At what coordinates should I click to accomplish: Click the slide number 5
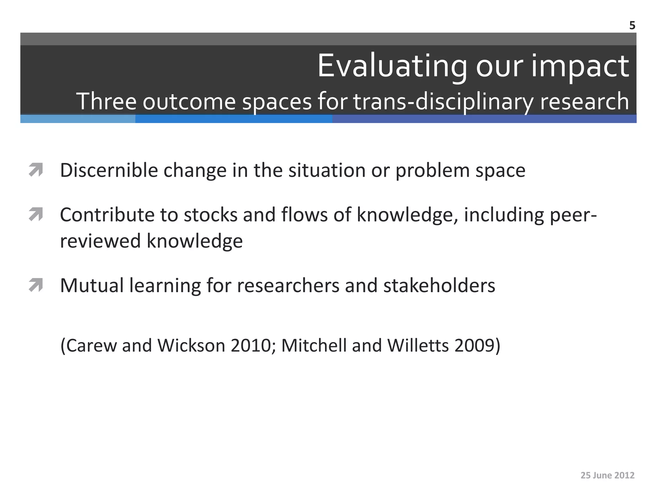[x=632, y=26]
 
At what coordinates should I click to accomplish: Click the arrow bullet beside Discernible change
[x=36, y=170]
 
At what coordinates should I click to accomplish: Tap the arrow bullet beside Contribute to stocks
[x=36, y=214]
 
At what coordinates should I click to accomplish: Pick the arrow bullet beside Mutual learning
[x=36, y=285]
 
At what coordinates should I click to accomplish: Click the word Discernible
[x=109, y=170]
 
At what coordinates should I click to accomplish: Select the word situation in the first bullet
[x=327, y=170]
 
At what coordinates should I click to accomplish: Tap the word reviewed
[x=100, y=241]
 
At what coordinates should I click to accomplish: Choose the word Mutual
[x=92, y=285]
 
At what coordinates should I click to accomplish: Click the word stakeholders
[x=439, y=285]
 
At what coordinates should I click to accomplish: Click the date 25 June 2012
[x=607, y=475]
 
